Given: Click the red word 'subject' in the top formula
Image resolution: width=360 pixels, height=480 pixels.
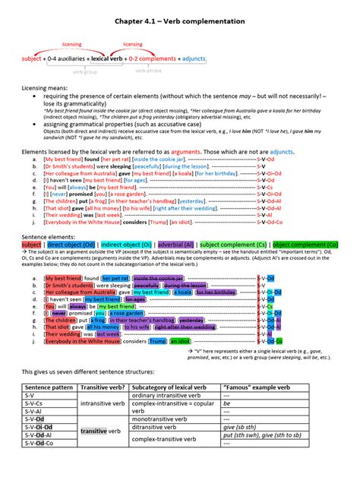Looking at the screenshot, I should tap(32, 58).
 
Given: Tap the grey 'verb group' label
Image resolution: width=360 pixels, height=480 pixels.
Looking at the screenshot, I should tap(86, 71).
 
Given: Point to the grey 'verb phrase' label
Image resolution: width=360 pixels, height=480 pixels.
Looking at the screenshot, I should tap(149, 71).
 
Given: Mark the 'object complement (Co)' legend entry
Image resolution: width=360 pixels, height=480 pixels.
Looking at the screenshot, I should tap(305, 245).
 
